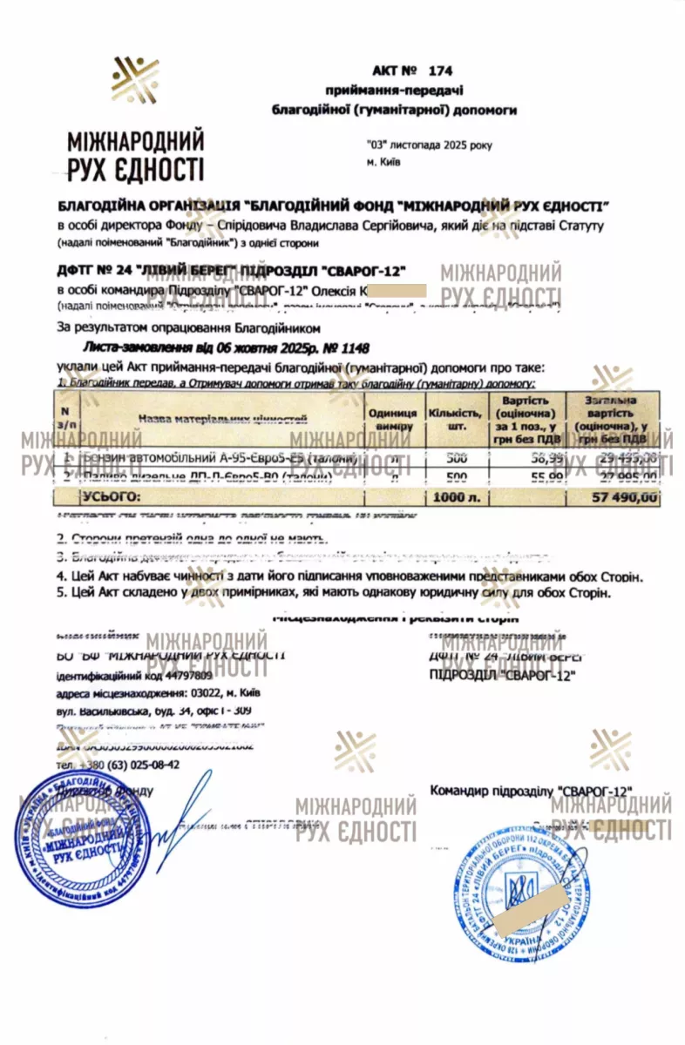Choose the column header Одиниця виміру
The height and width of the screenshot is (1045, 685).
click(392, 420)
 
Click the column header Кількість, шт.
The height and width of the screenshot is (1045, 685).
click(454, 420)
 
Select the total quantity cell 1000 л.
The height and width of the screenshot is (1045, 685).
click(453, 498)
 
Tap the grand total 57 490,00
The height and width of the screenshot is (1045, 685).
click(624, 498)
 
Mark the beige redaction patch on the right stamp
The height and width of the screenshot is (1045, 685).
click(523, 909)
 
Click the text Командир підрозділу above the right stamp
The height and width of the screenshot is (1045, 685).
click(492, 790)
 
